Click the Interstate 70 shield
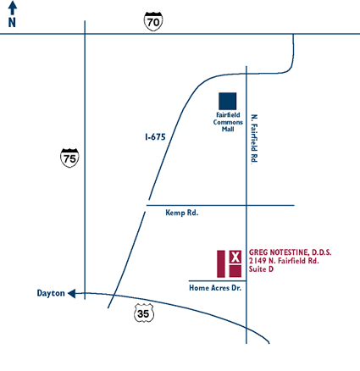click(153, 21)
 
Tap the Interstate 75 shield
click(69, 158)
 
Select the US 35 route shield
click(144, 313)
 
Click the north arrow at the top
click(12, 8)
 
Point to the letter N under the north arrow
click(12, 23)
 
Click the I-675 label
click(155, 137)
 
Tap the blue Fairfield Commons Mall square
click(228, 101)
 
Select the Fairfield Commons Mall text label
click(228, 122)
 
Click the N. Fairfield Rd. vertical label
click(254, 138)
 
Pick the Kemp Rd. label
click(182, 213)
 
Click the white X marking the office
click(235, 257)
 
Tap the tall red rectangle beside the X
click(221, 263)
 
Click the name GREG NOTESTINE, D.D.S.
click(290, 252)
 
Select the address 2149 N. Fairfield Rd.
click(284, 261)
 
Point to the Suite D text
click(261, 269)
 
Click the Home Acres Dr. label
click(215, 288)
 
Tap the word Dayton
click(51, 293)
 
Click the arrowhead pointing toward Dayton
click(72, 294)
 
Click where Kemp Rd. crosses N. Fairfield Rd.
click(246, 205)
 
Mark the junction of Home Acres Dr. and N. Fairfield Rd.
click(246, 281)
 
